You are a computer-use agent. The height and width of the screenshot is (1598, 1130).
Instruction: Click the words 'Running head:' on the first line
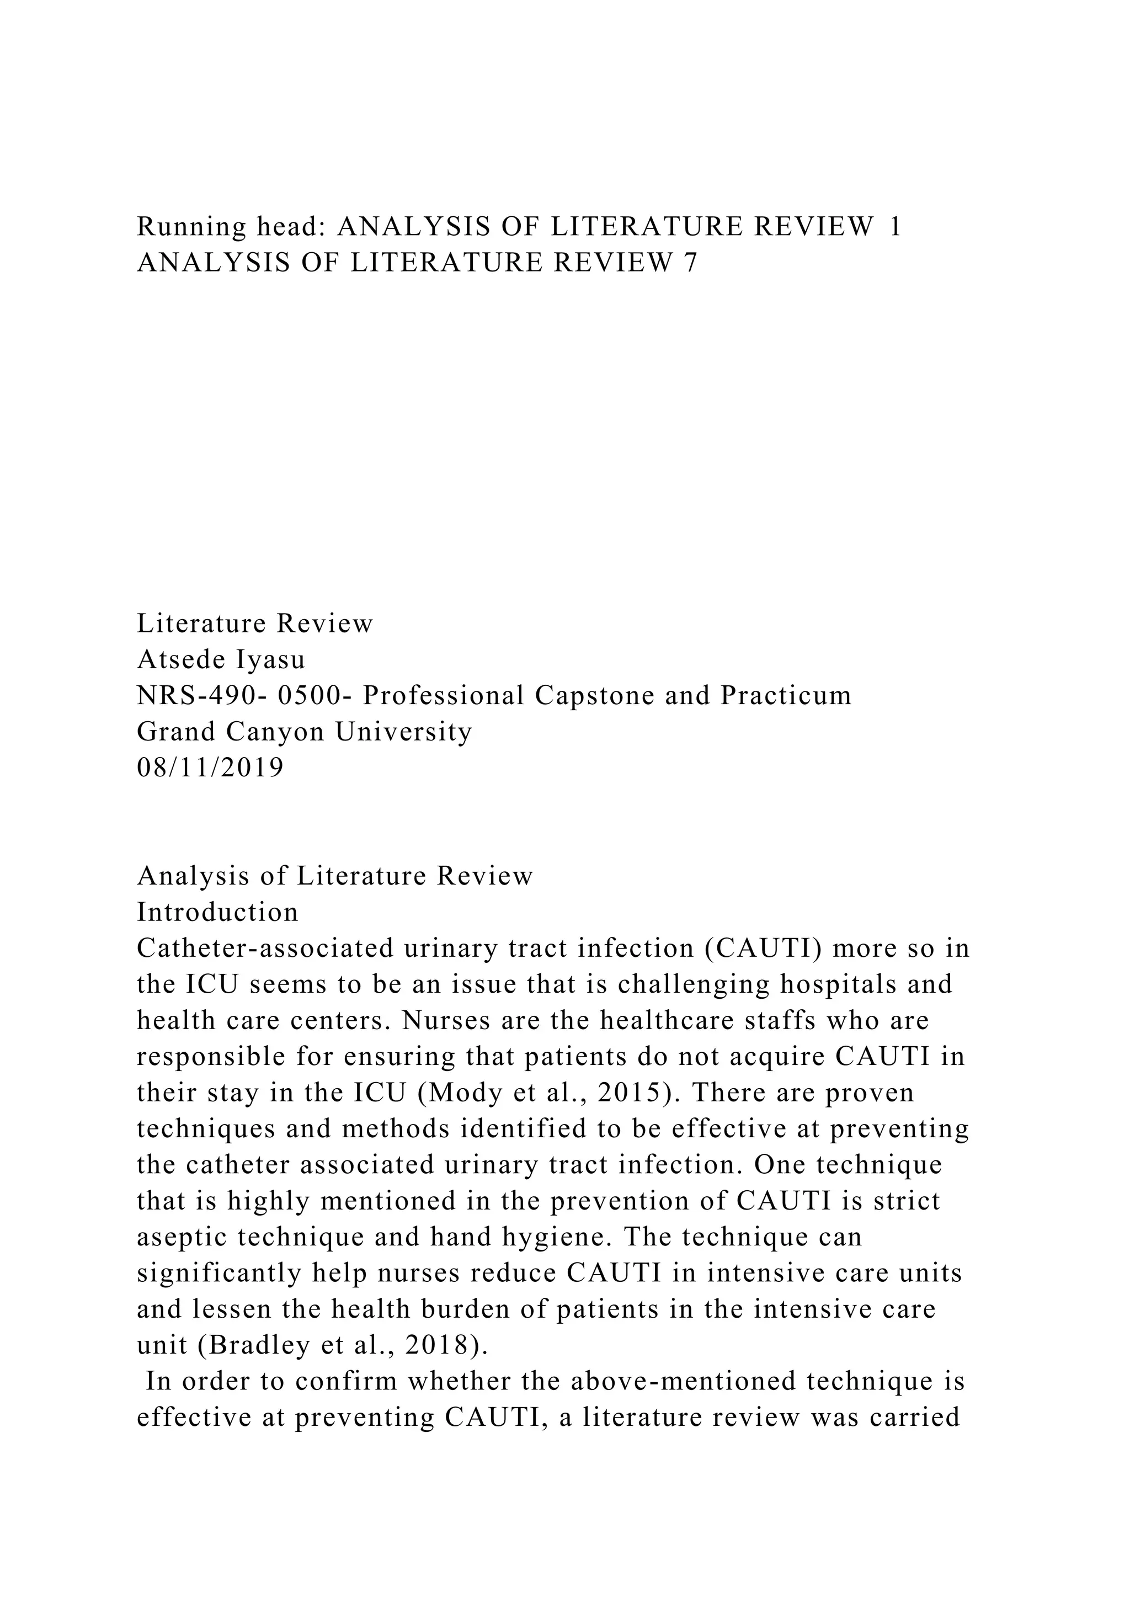230,227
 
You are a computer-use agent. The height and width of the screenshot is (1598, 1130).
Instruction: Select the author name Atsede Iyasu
221,659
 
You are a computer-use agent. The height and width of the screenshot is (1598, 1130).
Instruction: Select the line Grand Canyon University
305,732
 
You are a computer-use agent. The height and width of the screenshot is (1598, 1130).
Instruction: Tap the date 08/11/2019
211,768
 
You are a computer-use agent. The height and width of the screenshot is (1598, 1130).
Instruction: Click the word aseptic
182,1237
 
